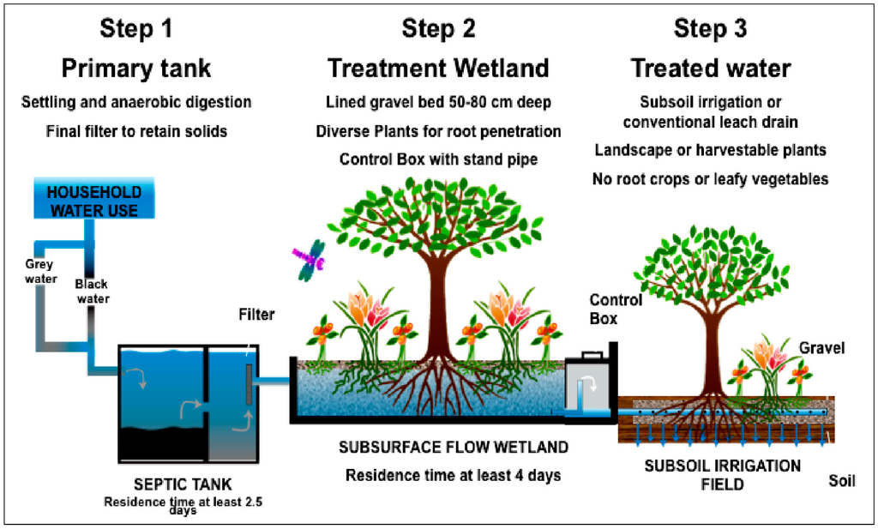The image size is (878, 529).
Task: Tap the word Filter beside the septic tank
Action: (256, 315)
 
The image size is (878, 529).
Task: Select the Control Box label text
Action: (616, 309)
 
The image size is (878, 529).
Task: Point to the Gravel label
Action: (822, 348)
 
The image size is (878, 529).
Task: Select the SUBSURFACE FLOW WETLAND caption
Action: (453, 448)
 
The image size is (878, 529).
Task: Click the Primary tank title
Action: (136, 68)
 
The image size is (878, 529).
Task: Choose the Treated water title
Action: (711, 68)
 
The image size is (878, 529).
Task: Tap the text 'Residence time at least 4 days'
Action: (453, 475)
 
